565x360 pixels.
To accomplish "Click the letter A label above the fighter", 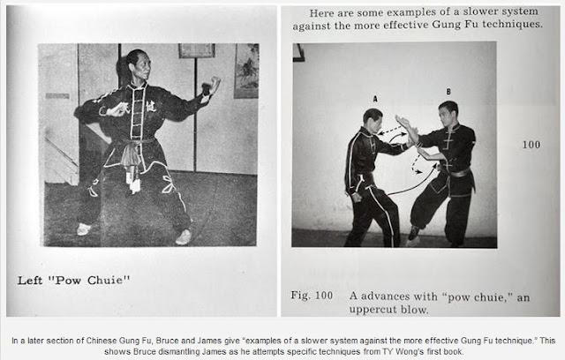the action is (x=374, y=99).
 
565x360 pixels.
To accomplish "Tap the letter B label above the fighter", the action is (x=448, y=92).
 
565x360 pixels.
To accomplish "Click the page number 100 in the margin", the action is (x=531, y=145).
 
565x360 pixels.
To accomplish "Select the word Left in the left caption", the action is (x=30, y=280).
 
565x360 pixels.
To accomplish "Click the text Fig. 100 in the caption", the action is (x=312, y=296).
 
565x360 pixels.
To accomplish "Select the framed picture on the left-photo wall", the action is (x=197, y=50).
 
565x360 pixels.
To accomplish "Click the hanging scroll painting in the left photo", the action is (x=247, y=71).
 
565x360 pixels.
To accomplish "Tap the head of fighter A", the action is (x=373, y=121).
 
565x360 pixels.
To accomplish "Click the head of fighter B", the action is (x=448, y=114).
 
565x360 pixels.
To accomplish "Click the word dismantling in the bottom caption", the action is (x=180, y=351).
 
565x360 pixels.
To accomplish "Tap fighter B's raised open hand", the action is (x=403, y=123).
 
